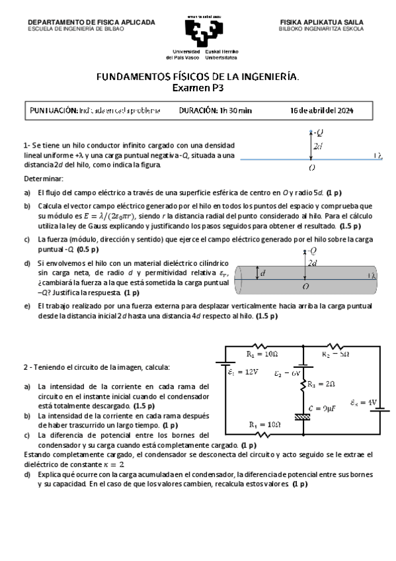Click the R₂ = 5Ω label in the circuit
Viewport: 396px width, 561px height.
pyautogui.click(x=335, y=355)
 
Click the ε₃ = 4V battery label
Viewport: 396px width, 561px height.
pyautogui.click(x=363, y=402)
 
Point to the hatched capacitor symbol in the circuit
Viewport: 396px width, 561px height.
pyautogui.click(x=303, y=416)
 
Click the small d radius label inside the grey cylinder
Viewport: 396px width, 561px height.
pyautogui.click(x=263, y=273)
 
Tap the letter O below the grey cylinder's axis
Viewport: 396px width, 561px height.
pyautogui.click(x=305, y=287)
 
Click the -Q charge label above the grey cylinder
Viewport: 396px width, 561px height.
pyautogui.click(x=309, y=251)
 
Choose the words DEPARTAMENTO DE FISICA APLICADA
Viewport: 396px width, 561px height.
pyautogui.click(x=91, y=22)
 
